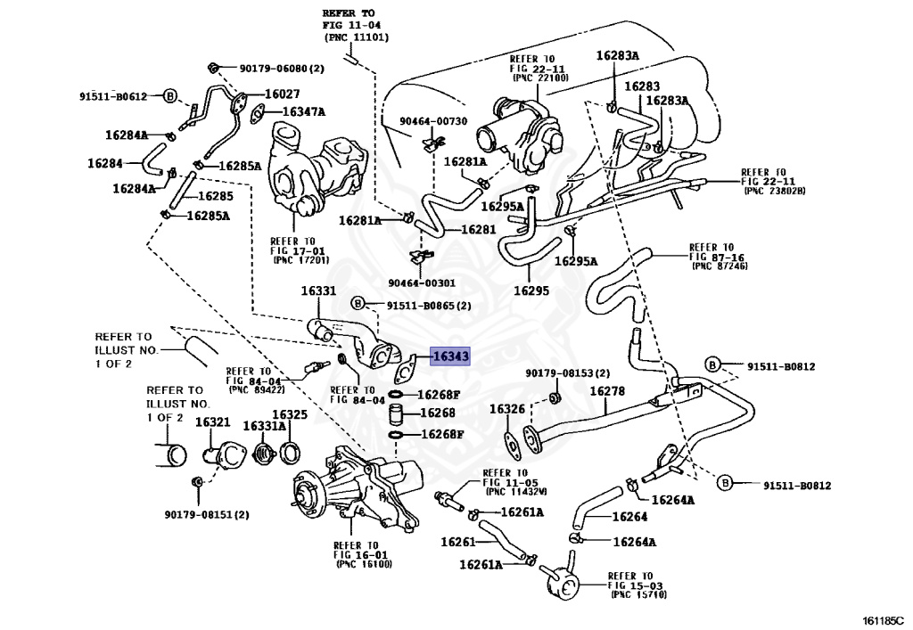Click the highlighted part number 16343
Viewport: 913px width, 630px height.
click(450, 356)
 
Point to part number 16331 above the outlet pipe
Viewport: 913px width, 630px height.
click(317, 291)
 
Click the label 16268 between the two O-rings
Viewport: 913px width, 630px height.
click(437, 413)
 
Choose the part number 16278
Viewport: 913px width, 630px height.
click(606, 391)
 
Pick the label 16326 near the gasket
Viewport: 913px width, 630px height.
click(506, 409)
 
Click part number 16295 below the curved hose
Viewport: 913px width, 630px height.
click(531, 290)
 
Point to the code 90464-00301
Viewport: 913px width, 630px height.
click(421, 282)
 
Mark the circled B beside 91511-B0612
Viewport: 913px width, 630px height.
click(171, 95)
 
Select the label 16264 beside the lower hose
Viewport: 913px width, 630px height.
click(629, 517)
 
